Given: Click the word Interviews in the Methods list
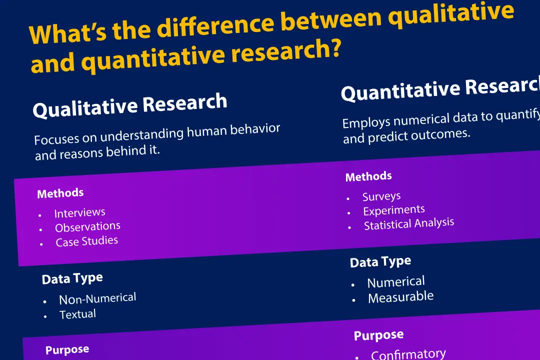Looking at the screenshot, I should pos(80,213).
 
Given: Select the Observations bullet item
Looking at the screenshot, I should pos(87,227).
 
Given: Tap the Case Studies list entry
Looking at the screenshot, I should pos(87,241).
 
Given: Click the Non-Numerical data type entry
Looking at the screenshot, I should pos(97,298).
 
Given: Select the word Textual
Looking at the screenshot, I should pos(77,314).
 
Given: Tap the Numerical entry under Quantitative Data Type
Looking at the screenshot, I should pos(396,282).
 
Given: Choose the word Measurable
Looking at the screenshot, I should pos(400,297).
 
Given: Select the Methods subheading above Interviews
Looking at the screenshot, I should pos(60,193).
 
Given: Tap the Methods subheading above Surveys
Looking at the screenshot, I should pos(368,176).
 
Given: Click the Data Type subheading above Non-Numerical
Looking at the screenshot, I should pos(72,278).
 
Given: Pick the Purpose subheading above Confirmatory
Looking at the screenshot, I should pos(378,335).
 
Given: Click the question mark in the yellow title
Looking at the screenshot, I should pos(334,48).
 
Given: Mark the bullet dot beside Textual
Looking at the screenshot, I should pos(45,316).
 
